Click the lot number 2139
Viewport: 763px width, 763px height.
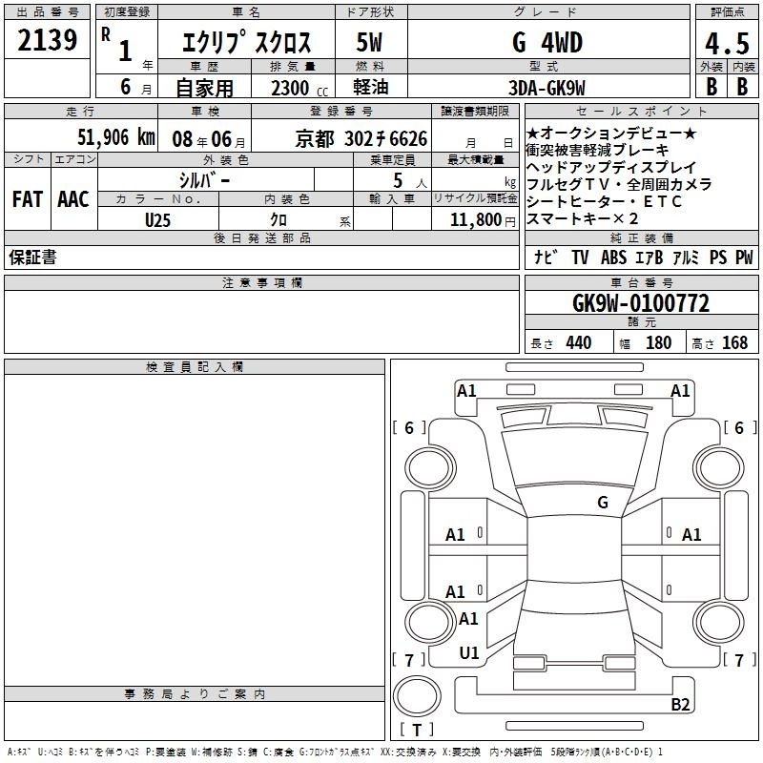(47, 40)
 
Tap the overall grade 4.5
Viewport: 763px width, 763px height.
(727, 44)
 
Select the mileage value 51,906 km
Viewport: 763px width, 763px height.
(116, 137)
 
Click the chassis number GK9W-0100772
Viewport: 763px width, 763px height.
(641, 303)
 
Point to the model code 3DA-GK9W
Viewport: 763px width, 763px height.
(546, 88)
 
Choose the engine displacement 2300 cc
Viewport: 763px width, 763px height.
(299, 88)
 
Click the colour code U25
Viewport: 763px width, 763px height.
(157, 220)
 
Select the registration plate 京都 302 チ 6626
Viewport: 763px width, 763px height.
(361, 139)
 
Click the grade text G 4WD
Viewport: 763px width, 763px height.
(547, 43)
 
